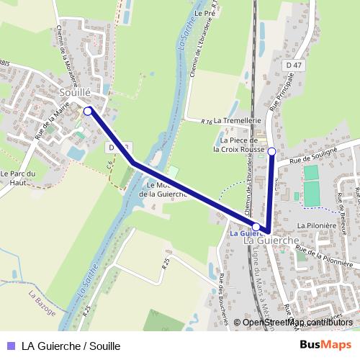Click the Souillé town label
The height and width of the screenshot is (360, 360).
[76, 93]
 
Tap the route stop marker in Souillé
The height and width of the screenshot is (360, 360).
[88, 111]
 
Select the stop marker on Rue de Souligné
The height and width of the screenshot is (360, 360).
[271, 151]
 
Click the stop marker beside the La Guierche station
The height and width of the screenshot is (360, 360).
[256, 227]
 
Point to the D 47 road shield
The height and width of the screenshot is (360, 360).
[292, 65]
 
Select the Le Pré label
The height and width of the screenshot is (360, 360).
[205, 14]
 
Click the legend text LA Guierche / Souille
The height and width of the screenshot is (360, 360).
[71, 346]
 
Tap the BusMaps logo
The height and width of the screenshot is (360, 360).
[325, 345]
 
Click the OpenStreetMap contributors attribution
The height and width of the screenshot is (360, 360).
[297, 322]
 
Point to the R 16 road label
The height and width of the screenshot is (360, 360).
[207, 122]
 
